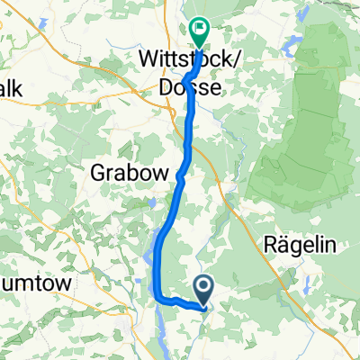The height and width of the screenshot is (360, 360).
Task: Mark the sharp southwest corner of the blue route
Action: (157, 298)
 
